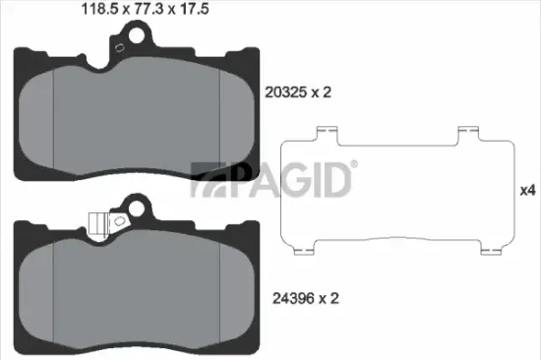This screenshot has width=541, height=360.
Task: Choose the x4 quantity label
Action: pyautogui.click(x=526, y=190)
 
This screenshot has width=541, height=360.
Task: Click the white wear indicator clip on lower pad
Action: pyautogui.click(x=97, y=223)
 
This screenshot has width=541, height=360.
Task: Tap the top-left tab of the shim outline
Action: pyautogui.click(x=325, y=133)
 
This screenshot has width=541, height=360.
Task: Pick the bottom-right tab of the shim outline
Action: pyautogui.click(x=486, y=248)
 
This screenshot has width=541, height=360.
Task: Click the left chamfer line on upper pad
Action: pyautogui.click(x=51, y=113)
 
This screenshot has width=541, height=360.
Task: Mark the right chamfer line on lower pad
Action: pyautogui.click(x=218, y=290)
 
